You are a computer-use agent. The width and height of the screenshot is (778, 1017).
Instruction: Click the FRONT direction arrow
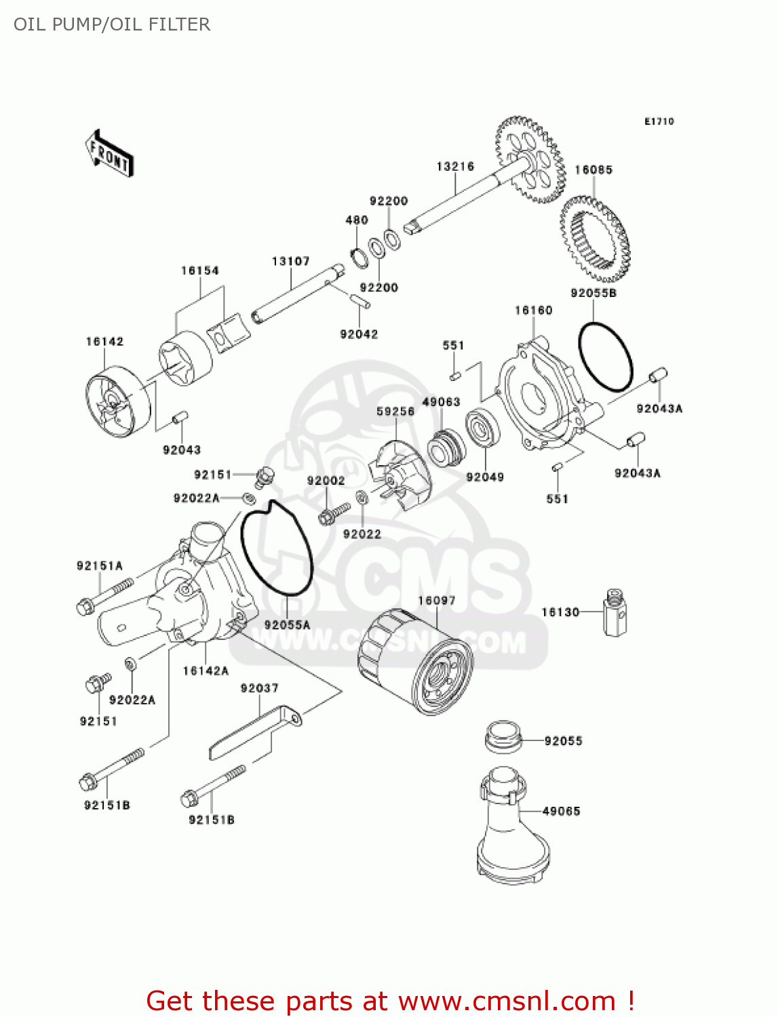coord(109,154)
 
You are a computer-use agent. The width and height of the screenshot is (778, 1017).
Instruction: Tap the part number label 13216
coord(455,167)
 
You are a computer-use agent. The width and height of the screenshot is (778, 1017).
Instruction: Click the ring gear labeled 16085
coord(595,239)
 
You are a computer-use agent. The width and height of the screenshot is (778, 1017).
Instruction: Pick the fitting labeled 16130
coord(615,612)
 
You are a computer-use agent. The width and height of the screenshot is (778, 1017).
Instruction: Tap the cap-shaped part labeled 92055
coord(503,737)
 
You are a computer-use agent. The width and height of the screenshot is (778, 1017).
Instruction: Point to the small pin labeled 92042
coord(359,300)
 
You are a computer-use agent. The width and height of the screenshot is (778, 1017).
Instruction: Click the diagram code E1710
coord(659,121)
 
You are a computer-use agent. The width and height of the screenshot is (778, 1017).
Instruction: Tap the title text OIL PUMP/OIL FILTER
coord(112,24)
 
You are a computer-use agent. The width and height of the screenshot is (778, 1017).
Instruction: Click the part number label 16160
coord(533,311)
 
